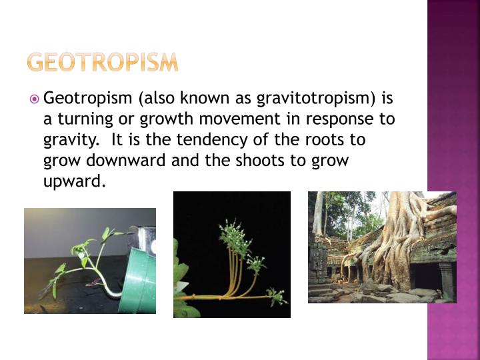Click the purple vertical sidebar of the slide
pos(453,180)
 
